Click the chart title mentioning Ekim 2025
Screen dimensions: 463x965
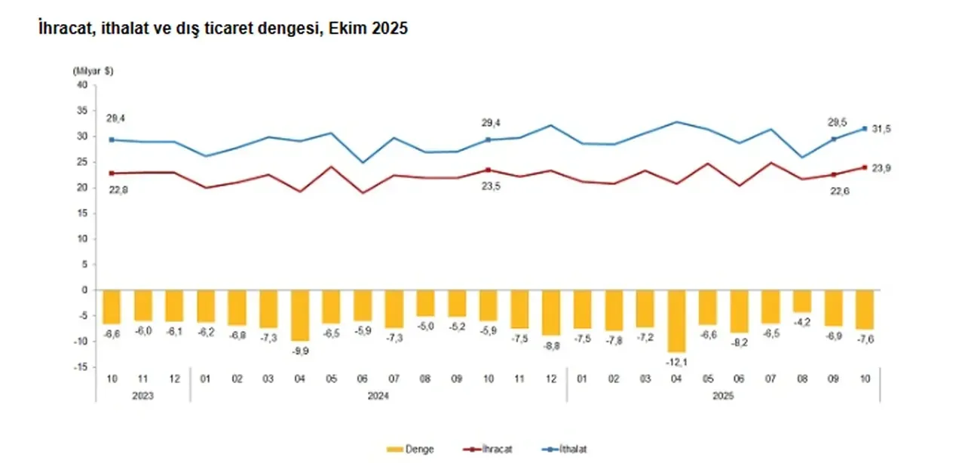click(223, 29)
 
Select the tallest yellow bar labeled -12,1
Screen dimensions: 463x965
click(676, 320)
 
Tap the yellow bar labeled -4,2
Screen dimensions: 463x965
click(802, 301)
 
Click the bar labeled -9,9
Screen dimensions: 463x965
click(300, 315)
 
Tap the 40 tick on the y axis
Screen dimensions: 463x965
click(83, 85)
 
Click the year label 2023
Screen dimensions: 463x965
click(142, 394)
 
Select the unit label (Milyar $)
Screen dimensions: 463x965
click(93, 70)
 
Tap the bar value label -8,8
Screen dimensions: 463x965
click(551, 348)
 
